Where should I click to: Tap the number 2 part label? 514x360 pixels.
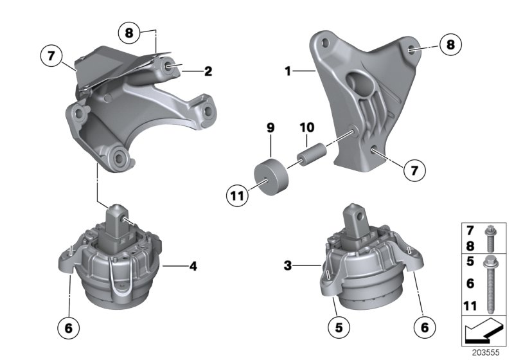pos(208,71)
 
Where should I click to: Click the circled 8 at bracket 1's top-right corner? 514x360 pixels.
pos(450,45)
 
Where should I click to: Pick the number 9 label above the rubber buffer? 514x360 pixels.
pos(270,129)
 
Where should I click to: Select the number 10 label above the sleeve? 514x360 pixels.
pos(307,129)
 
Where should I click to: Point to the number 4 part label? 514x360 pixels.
pos(192,264)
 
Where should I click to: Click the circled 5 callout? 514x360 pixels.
pos(335,327)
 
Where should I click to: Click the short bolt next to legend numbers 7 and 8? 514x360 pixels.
pos(490,237)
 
